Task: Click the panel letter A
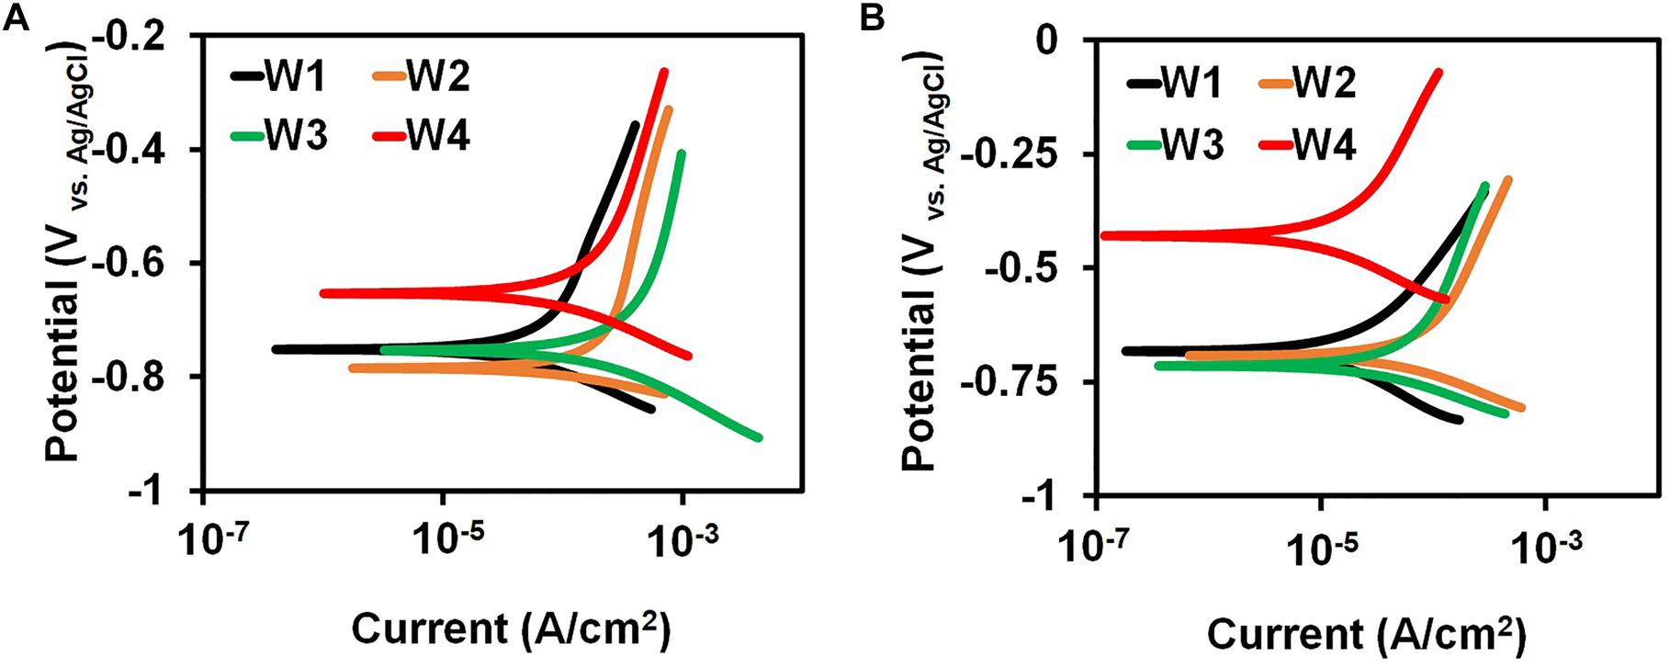tap(17, 18)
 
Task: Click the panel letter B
tap(874, 18)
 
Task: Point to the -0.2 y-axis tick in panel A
tap(152, 37)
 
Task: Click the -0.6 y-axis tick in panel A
tap(152, 265)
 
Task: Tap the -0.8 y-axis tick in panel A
tap(152, 378)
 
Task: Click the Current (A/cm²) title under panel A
tap(511, 629)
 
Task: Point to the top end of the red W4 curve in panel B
tap(1439, 73)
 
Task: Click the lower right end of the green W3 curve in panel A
tap(758, 437)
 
